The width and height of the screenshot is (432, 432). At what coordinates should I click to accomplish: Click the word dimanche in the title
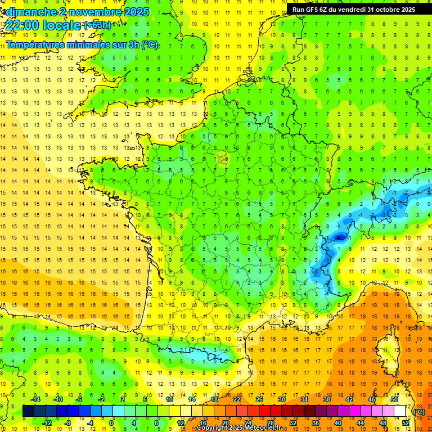[28, 12]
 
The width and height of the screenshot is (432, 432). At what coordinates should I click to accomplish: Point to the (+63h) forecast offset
[97, 25]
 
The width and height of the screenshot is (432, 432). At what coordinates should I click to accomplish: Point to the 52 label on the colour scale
[406, 422]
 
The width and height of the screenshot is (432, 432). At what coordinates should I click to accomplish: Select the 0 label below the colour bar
[111, 422]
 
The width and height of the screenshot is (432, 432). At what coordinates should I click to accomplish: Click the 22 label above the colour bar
[237, 399]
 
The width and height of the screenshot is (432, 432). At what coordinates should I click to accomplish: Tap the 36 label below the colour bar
[315, 422]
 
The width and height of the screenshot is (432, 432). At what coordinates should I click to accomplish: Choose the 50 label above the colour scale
[394, 399]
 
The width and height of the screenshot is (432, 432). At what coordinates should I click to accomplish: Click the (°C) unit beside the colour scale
[419, 411]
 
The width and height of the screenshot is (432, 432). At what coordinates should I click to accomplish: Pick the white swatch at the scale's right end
[400, 411]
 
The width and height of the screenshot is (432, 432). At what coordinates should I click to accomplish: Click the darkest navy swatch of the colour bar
[28, 411]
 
